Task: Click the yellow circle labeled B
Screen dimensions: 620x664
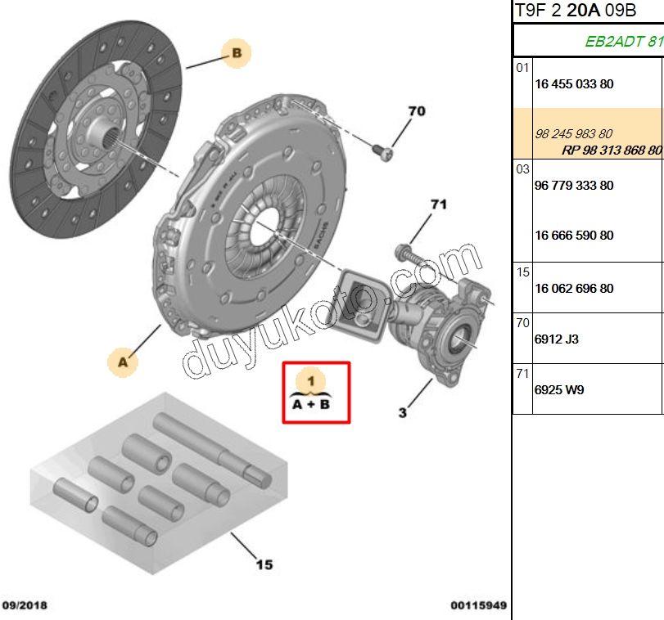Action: [x=236, y=54]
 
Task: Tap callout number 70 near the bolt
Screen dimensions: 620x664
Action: [x=417, y=111]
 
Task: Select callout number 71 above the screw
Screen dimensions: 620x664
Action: [x=438, y=204]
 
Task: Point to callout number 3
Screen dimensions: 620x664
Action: [x=402, y=413]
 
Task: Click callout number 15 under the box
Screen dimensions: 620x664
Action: [x=264, y=564]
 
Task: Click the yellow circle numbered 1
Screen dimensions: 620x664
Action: [x=311, y=380]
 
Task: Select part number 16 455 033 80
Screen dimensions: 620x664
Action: [x=573, y=84]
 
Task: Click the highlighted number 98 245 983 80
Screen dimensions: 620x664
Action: [x=573, y=134]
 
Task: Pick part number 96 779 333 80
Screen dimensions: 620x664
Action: [x=573, y=186]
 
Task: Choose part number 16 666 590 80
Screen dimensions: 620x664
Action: [x=573, y=236]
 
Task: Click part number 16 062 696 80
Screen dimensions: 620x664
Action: [x=573, y=289]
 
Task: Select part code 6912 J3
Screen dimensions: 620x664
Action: [x=557, y=339]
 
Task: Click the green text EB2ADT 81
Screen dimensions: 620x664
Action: [x=623, y=42]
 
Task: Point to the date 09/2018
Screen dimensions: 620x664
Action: [x=25, y=606]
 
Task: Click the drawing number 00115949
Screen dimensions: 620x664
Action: [x=478, y=606]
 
